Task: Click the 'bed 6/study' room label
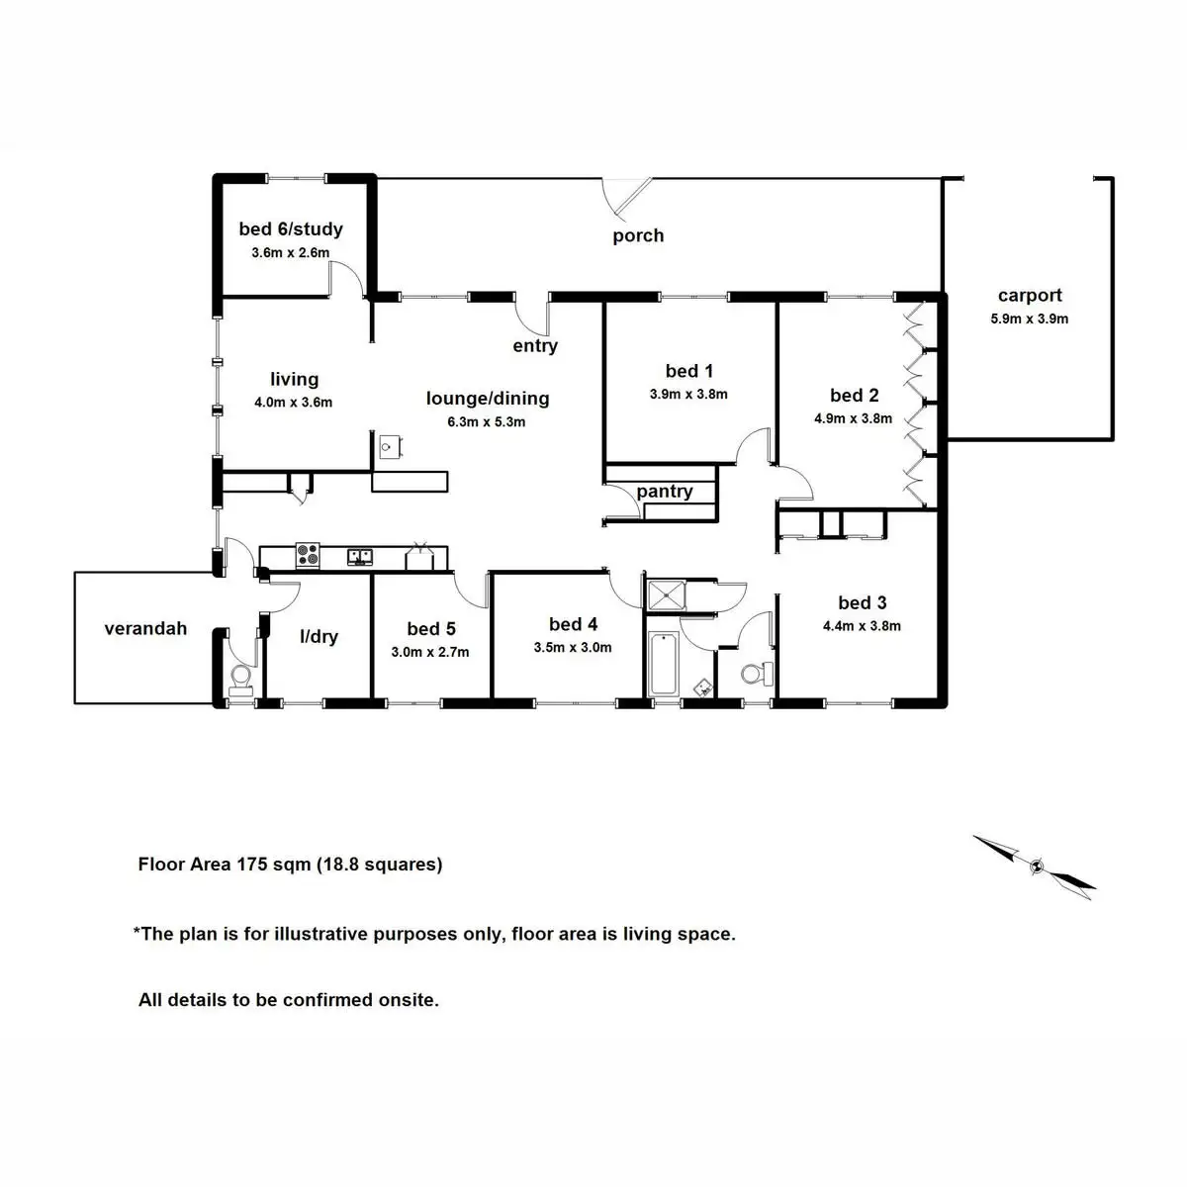tap(291, 229)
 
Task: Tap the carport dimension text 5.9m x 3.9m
tap(1030, 320)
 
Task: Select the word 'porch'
tap(638, 236)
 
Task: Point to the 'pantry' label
tap(665, 492)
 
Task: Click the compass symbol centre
tap(1038, 867)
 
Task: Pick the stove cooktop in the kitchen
tap(308, 555)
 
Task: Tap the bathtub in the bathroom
tap(664, 664)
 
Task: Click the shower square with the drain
tap(667, 595)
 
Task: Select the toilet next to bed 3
tap(758, 674)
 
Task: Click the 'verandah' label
tap(145, 629)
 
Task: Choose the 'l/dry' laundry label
tap(320, 636)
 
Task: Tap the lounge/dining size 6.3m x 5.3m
tap(486, 422)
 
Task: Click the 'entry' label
tap(535, 346)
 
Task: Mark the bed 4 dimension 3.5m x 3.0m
tap(573, 647)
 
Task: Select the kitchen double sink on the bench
tap(360, 557)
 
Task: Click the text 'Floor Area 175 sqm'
tap(225, 865)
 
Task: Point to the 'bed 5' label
tap(431, 629)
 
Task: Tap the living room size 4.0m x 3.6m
tap(293, 403)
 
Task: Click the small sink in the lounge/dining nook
tap(389, 446)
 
